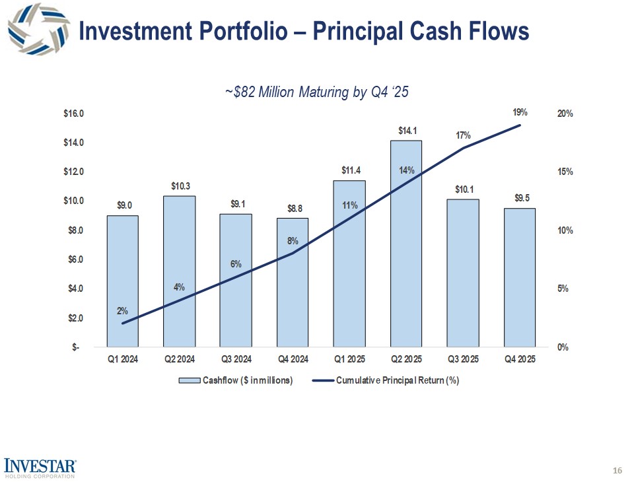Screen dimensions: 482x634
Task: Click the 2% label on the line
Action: (x=123, y=310)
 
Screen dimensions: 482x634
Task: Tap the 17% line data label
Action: (x=463, y=135)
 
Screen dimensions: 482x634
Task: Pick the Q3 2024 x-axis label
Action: (x=236, y=360)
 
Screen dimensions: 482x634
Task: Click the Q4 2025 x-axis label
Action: (x=520, y=360)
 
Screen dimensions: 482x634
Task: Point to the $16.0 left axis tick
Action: (x=73, y=114)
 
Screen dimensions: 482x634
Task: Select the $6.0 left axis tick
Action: (x=73, y=259)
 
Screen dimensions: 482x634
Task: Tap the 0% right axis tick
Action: (x=563, y=347)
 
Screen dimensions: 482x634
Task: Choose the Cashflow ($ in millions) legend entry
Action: (x=238, y=380)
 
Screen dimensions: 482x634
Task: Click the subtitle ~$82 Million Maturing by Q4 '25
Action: (x=316, y=92)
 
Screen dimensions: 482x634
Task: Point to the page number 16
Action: (x=617, y=470)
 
